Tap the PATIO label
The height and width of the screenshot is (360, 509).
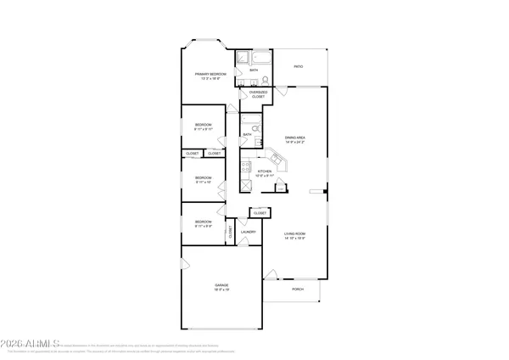pyautogui.click(x=298, y=65)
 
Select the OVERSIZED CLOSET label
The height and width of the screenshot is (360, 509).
pyautogui.click(x=257, y=94)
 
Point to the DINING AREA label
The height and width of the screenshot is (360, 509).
pyautogui.click(x=295, y=139)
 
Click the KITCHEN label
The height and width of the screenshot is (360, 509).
pyautogui.click(x=264, y=172)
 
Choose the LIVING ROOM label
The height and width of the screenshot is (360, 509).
pyautogui.click(x=294, y=234)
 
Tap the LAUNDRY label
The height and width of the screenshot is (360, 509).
pyautogui.click(x=249, y=232)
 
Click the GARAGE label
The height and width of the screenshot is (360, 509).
pyautogui.click(x=221, y=286)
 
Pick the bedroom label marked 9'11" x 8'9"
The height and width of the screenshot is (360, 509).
pyautogui.click(x=204, y=224)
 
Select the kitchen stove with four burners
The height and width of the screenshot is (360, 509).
pyautogui.click(x=246, y=186)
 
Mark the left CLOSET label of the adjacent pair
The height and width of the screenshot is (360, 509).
pyautogui.click(x=192, y=154)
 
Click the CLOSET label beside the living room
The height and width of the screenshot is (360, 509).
pyautogui.click(x=260, y=212)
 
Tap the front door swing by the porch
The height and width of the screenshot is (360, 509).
pyautogui.click(x=271, y=274)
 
